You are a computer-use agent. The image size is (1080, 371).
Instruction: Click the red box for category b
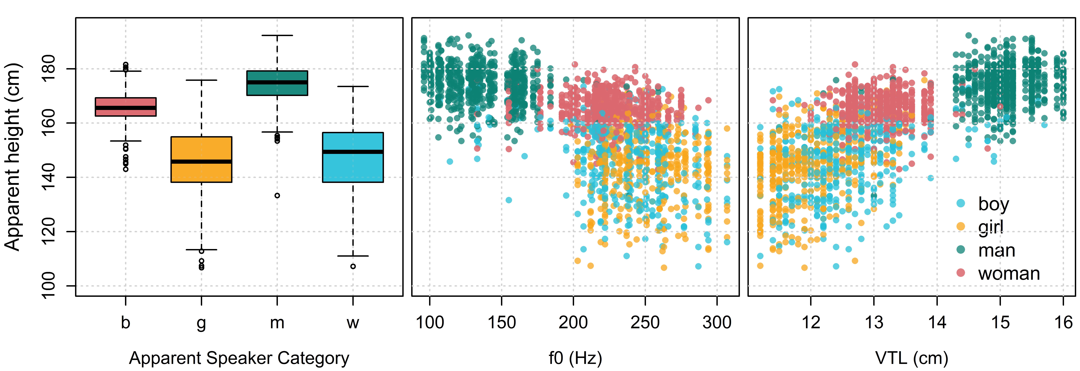click(126, 107)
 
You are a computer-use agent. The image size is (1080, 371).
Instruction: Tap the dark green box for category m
click(277, 83)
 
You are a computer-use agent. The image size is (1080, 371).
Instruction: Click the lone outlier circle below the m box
click(277, 196)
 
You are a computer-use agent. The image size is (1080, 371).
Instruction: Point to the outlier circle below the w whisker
click(353, 266)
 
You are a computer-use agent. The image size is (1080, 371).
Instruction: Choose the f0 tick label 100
click(430, 322)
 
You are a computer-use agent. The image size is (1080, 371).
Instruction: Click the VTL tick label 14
click(937, 322)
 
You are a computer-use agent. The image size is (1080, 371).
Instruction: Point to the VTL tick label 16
click(1063, 322)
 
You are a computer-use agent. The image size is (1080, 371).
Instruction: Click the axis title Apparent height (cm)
click(13, 157)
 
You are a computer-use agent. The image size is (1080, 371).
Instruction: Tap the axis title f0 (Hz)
click(575, 358)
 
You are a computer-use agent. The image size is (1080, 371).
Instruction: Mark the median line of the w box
click(353, 152)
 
